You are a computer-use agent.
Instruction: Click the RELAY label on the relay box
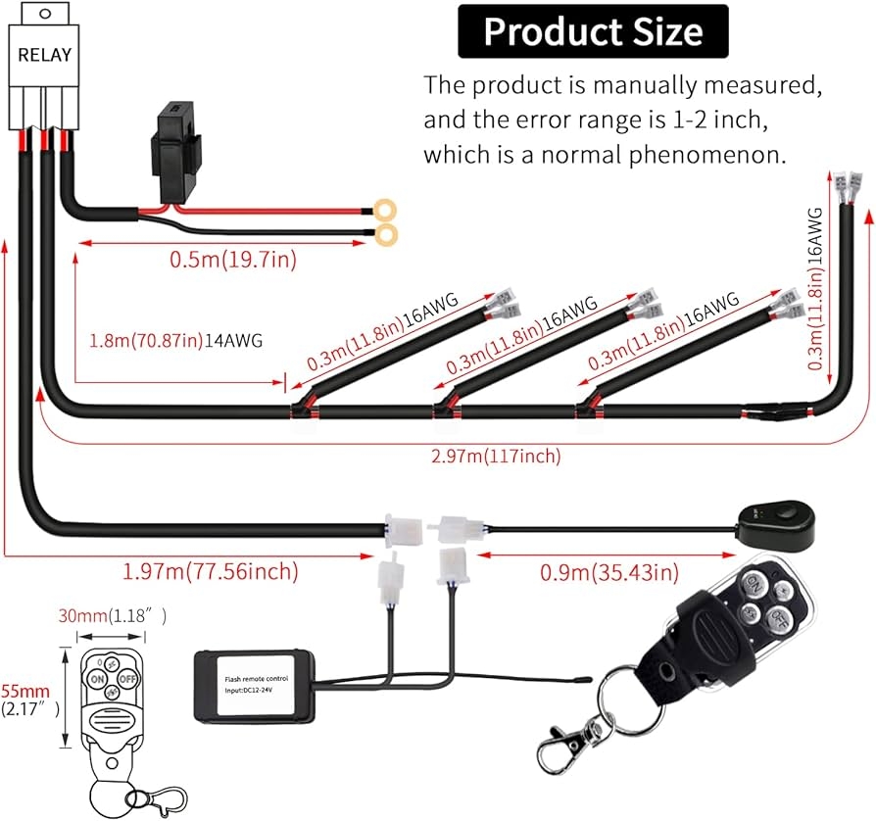[44, 55]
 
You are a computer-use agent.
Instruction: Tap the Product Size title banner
[593, 31]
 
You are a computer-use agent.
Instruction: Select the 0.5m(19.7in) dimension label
[233, 260]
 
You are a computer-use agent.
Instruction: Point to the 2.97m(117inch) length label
[496, 456]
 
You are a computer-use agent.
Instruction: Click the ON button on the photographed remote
[754, 585]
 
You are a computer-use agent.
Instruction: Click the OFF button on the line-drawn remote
[126, 677]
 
